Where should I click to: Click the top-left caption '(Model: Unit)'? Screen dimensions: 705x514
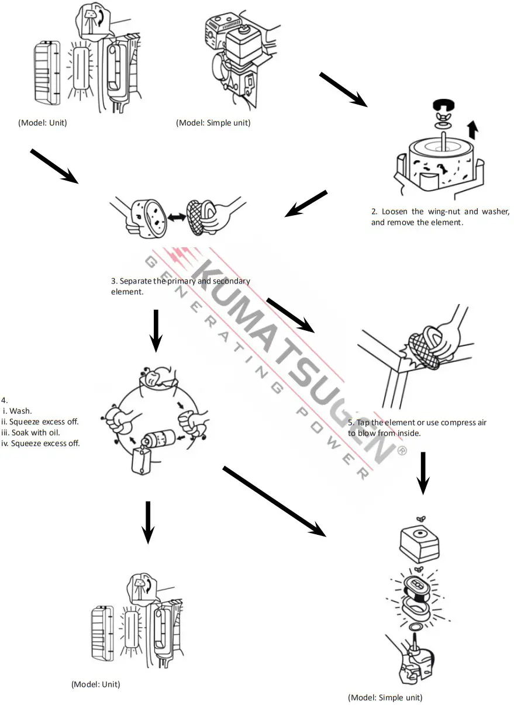[x=43, y=123]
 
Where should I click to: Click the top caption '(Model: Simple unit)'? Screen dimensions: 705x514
[x=213, y=123]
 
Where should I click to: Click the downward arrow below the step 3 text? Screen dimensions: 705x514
[x=155, y=330]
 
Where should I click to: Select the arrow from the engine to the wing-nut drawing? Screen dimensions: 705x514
[x=343, y=89]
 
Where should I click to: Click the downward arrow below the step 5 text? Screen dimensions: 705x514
[x=422, y=472]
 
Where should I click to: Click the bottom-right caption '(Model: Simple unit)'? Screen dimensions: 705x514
[x=385, y=697]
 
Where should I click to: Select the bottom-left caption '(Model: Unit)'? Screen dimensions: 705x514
[x=95, y=684]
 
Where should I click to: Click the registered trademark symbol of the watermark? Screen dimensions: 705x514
[x=401, y=451]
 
